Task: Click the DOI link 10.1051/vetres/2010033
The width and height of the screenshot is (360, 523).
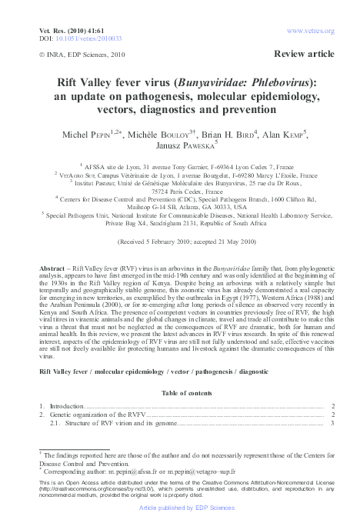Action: [x=80, y=36]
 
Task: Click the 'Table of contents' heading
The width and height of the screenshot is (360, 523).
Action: [x=180, y=392]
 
